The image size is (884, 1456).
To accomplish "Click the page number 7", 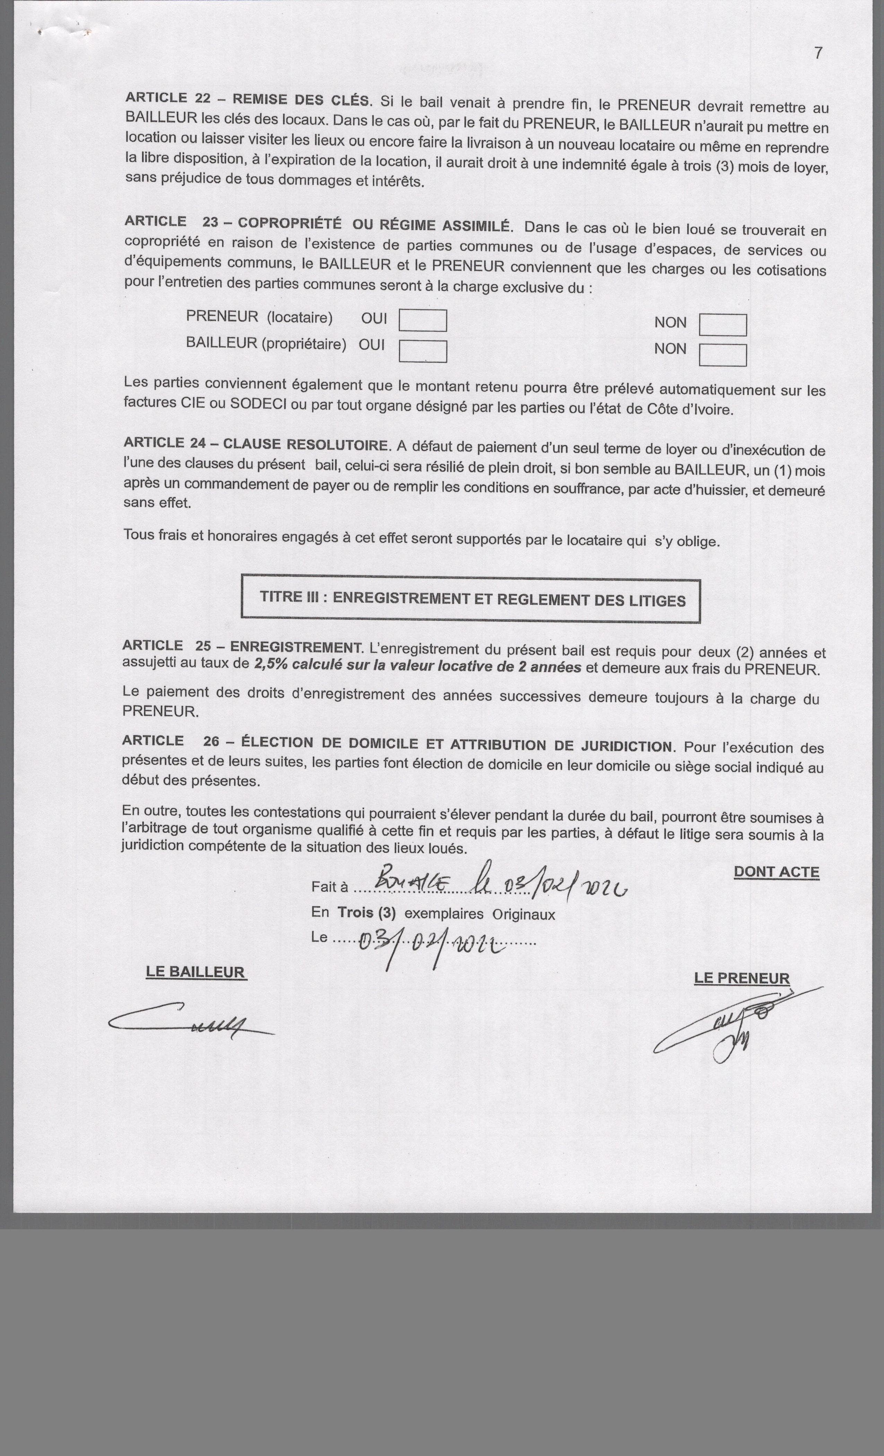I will (818, 53).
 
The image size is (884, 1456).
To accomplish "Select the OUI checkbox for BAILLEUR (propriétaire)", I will (423, 351).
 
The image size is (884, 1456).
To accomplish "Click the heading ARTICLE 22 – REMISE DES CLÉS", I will (248, 99).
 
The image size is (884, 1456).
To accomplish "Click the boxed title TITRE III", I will (471, 599).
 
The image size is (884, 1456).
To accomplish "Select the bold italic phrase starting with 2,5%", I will (417, 666).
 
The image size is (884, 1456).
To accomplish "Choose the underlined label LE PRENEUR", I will (742, 978).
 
